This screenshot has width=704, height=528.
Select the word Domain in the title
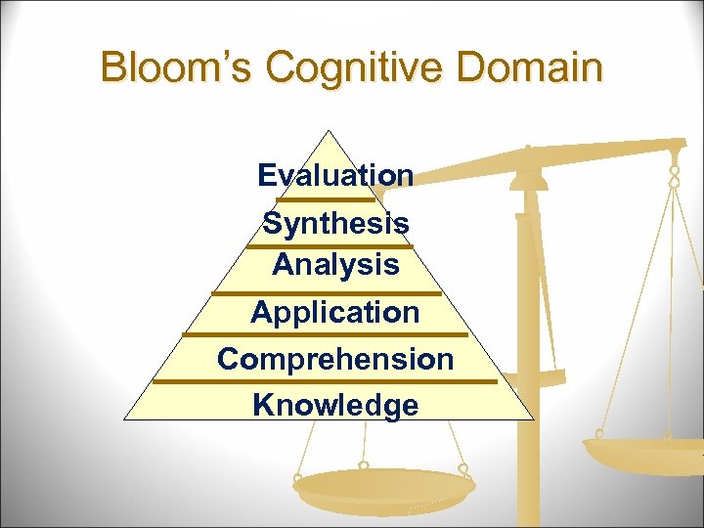pyautogui.click(x=537, y=68)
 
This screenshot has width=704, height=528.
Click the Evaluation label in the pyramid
pyautogui.click(x=335, y=175)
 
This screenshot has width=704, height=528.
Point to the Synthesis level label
pyautogui.click(x=335, y=223)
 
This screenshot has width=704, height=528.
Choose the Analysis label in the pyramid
pyautogui.click(x=335, y=264)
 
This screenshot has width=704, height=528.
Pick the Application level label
pyautogui.click(x=335, y=312)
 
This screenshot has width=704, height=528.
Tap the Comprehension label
pyautogui.click(x=335, y=359)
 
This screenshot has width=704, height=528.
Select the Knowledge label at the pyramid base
pyautogui.click(x=335, y=405)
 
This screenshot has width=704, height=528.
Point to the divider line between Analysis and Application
pyautogui.click(x=328, y=292)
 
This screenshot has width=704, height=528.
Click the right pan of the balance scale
pyautogui.click(x=640, y=453)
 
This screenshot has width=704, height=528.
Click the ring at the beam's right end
pyautogui.click(x=674, y=176)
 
